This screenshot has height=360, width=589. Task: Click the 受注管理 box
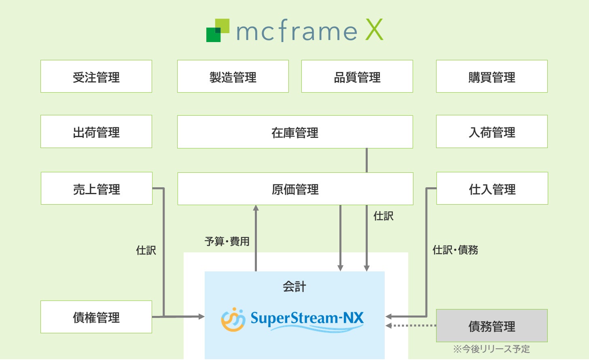coord(96,76)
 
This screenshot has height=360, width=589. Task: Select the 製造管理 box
coord(233,76)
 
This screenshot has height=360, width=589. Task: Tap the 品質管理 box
coord(357,76)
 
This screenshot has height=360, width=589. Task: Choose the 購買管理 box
coord(492,76)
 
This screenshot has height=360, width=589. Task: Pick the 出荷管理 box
coord(96,131)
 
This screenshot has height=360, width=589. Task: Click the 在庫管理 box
coord(295,132)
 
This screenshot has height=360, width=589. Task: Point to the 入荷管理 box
coord(492,131)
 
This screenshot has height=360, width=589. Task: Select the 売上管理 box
coord(97,188)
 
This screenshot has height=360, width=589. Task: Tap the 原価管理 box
coord(295,189)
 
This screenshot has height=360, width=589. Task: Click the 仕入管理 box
coord(492,188)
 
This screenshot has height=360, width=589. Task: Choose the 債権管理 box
coord(96,317)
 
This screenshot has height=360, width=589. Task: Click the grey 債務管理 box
coord(492,326)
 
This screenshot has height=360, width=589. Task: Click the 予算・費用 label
coord(227,241)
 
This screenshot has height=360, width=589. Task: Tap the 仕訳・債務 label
coord(455,250)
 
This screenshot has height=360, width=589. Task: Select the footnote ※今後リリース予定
coord(492,349)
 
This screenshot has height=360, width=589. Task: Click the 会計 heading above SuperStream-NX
coord(294,286)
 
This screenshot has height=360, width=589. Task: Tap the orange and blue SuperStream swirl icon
coord(233,320)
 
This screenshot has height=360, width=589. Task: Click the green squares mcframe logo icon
coord(218,30)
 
